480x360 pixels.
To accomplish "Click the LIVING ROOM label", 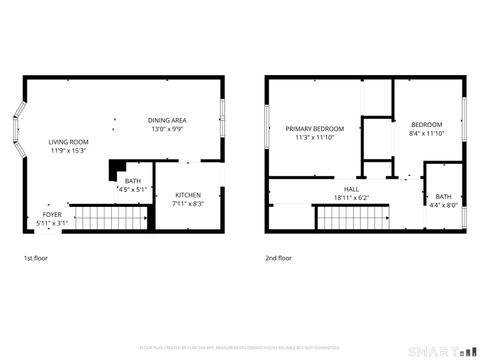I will [68, 142].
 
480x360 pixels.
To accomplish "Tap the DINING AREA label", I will [168, 120].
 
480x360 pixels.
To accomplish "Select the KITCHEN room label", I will [188, 195].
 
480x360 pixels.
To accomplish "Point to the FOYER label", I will [52, 214].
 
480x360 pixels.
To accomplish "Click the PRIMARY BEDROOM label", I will [314, 129].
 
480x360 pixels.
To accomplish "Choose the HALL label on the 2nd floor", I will [351, 188].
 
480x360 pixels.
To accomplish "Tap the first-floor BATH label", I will [132, 181].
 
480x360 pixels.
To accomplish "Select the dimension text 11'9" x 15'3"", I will [68, 151].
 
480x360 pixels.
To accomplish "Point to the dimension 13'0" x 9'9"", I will [168, 129].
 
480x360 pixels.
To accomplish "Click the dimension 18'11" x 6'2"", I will [351, 197].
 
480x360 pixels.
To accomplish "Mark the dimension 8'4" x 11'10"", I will [426, 133].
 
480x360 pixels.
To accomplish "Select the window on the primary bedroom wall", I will [267, 128].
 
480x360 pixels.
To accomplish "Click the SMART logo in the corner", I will [439, 350].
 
